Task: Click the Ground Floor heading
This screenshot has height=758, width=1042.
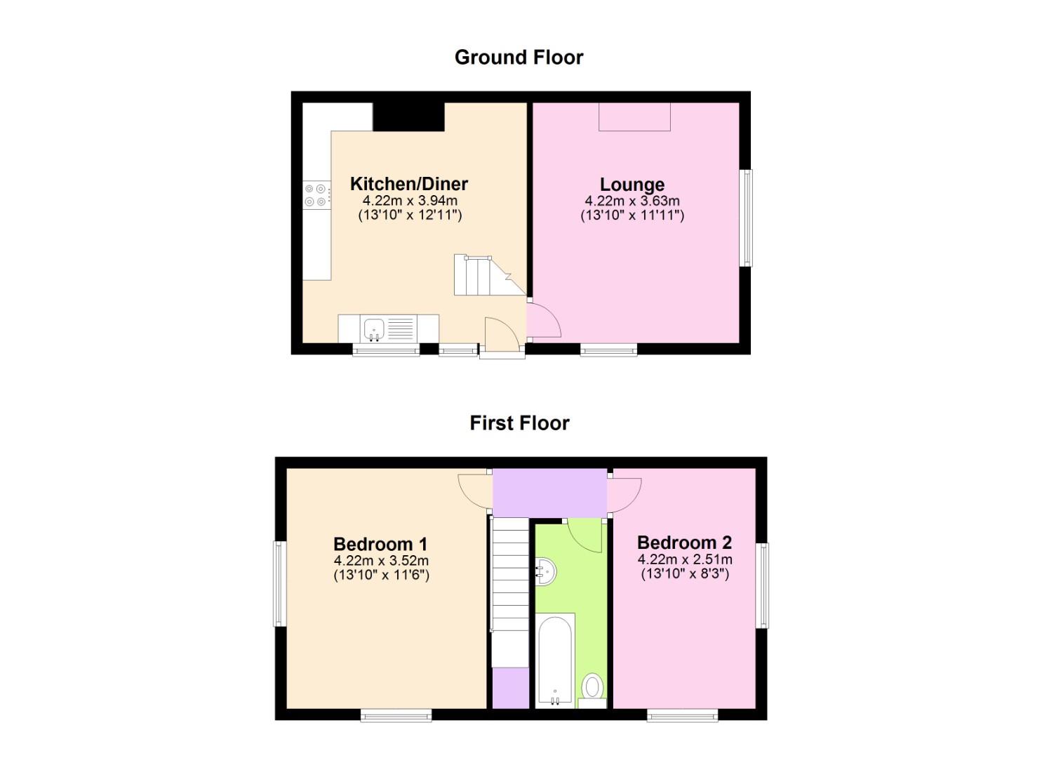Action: point(519,57)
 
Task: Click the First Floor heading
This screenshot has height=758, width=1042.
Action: point(519,423)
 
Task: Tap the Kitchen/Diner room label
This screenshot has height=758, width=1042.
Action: point(408,184)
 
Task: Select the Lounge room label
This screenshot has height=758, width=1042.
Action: point(632,185)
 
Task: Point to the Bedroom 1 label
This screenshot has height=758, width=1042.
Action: point(380,544)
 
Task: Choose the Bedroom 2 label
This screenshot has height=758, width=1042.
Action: point(684,543)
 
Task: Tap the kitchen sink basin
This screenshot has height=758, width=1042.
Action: point(373,328)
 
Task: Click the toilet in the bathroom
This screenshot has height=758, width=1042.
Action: point(593,686)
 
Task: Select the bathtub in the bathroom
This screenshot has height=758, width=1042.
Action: point(555,660)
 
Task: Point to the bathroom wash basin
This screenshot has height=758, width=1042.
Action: point(545,571)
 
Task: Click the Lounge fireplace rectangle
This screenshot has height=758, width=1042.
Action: point(634,117)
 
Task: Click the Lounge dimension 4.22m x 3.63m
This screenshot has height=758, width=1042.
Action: point(632,201)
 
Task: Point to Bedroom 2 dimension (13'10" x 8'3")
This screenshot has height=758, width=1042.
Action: point(684,574)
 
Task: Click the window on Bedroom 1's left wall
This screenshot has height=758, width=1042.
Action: point(279,583)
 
